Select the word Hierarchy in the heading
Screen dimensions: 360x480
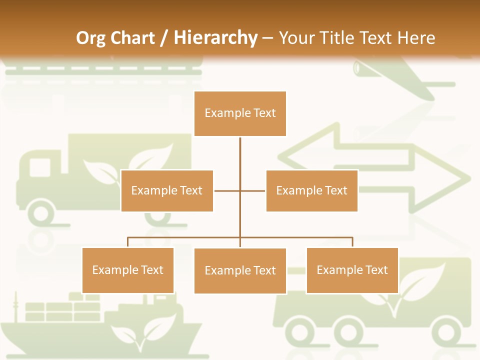pyautogui.click(x=215, y=38)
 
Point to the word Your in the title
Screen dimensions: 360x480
pyautogui.click(x=296, y=38)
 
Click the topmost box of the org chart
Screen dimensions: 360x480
pyautogui.click(x=240, y=113)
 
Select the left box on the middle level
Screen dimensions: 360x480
pyautogui.click(x=167, y=190)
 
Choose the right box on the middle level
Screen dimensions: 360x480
pyautogui.click(x=311, y=190)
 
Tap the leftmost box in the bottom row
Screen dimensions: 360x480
pyautogui.click(x=128, y=270)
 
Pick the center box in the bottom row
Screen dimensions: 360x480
pyautogui.click(x=240, y=270)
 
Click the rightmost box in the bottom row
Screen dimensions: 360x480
pyautogui.click(x=352, y=270)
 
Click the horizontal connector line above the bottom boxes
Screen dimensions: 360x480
pyautogui.click(x=185, y=237)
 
